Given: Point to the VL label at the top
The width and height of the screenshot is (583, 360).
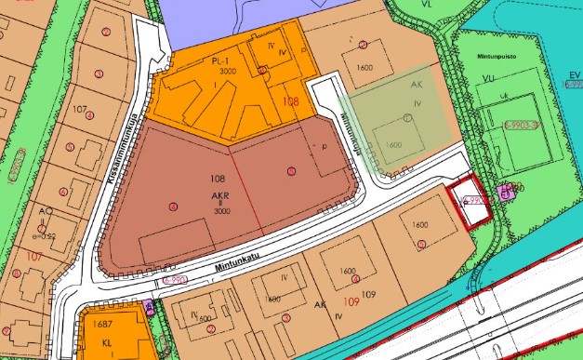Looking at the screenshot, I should [427, 6].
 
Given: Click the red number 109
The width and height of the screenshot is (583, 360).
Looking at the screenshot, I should [351, 302].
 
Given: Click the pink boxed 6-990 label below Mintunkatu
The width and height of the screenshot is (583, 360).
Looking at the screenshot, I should [172, 278].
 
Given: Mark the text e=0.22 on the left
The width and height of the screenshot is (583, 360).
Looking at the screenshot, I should [46, 236].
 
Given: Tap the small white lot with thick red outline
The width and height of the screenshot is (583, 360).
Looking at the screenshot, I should [470, 205].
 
